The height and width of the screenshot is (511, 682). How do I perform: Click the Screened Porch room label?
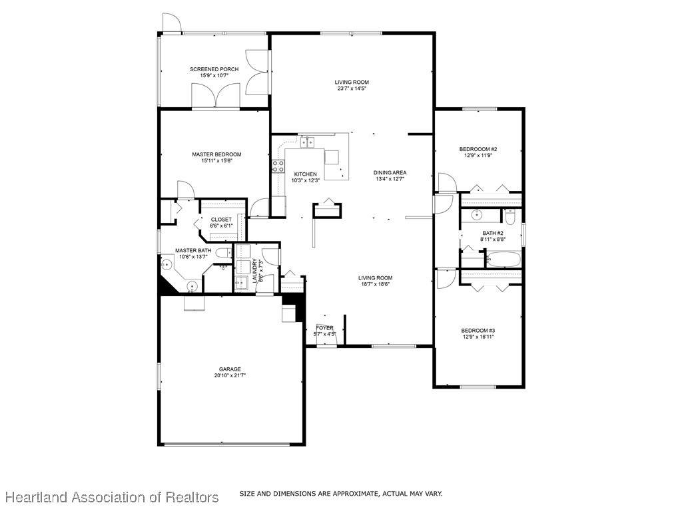point(214,69)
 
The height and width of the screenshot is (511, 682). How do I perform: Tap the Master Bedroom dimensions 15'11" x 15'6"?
point(216,160)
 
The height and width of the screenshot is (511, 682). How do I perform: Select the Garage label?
point(230,369)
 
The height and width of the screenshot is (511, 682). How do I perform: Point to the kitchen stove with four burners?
point(278,166)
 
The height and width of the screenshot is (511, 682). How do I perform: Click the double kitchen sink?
point(308,142)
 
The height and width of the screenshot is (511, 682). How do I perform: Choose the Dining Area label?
point(390,172)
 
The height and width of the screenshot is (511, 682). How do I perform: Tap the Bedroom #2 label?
point(478,149)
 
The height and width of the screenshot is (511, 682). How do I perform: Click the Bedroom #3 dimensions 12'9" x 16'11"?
point(478,336)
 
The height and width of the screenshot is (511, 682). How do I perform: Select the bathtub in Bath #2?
point(504,259)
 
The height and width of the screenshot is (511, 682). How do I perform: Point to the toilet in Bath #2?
point(510,215)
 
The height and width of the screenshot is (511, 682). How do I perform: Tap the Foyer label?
point(324,327)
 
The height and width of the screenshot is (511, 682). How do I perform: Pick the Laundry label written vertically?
point(254,271)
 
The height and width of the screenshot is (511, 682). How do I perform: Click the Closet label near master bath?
point(221,220)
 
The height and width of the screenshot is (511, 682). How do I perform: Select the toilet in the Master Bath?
point(224,253)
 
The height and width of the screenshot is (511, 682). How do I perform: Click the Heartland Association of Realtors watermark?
point(112,497)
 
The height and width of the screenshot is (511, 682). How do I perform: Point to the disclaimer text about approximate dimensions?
point(341,494)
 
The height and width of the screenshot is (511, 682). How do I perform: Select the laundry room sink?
point(241,283)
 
